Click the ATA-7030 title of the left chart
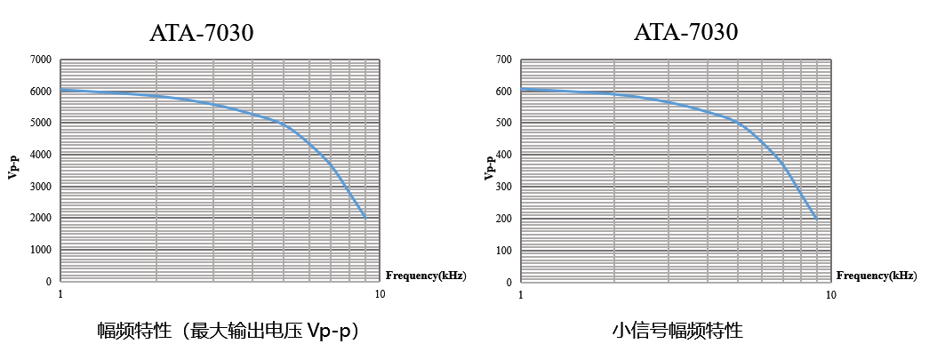point(202,33)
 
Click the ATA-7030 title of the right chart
point(685,33)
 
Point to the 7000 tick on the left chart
point(41,60)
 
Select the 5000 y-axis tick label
point(41,123)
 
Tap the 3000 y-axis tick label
point(41,186)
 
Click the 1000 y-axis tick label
point(41,250)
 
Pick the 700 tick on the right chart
point(503,60)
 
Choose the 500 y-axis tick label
point(503,123)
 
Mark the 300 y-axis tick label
point(503,186)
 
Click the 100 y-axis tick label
point(503,250)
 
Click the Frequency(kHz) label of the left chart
point(425,276)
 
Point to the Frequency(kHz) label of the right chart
point(877,276)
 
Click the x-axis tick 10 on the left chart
point(380,293)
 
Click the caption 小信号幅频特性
point(677,332)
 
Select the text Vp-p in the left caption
point(330,332)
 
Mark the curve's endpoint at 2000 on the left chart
point(364,217)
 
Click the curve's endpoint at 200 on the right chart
point(816,218)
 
